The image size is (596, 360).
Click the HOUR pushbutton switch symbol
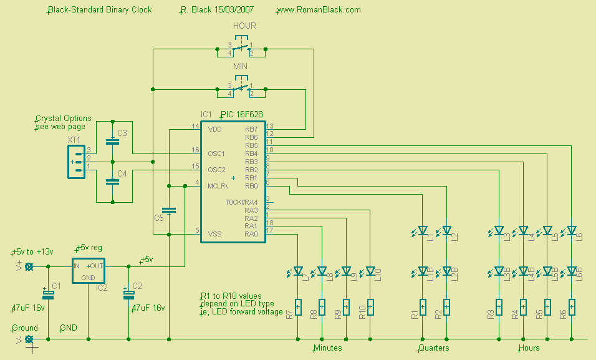click(241, 48)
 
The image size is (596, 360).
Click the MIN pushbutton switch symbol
click(241, 88)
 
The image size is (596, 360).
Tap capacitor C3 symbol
click(112, 141)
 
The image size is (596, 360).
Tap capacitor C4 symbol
click(112, 181)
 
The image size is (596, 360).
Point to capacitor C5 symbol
click(169, 210)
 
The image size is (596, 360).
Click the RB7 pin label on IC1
click(251, 129)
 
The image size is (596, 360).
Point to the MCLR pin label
click(218, 186)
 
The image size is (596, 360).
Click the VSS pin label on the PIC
click(214, 234)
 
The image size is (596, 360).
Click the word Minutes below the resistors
click(327, 348)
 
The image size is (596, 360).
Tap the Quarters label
click(433, 348)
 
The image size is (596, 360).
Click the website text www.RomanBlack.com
click(319, 10)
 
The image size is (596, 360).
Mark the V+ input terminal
click(29, 266)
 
